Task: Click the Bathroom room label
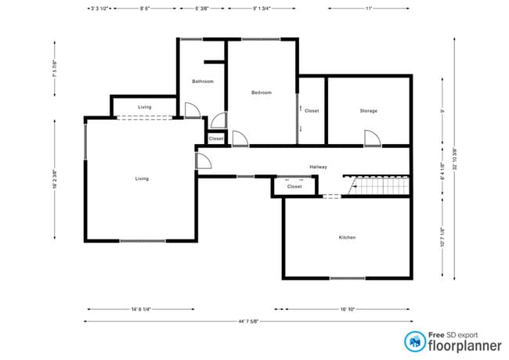coord(203,81)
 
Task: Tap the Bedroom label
coord(261,92)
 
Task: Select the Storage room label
coord(368,110)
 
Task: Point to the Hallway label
coord(318,167)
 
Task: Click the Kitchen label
coord(347,237)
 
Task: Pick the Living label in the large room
coord(141,178)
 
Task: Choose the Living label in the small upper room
coord(144,106)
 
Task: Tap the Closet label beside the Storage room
coord(312,110)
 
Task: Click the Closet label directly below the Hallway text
coord(294,187)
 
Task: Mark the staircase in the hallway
coord(380,185)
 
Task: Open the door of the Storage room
coord(372,138)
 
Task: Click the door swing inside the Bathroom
coord(191,110)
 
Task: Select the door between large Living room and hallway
coord(202,161)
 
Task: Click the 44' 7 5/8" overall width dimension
coord(247,321)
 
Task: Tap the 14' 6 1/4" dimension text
coord(146,309)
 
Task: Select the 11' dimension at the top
coord(368,9)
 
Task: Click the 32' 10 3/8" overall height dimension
coord(454,174)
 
